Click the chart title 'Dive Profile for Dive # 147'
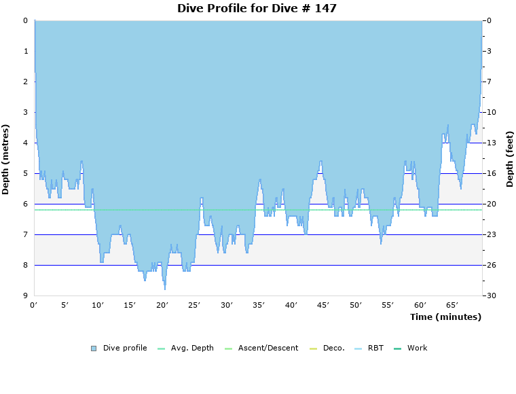click(257, 9)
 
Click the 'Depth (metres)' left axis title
click(6, 159)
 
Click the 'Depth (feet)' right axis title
click(510, 159)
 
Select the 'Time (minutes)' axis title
click(445, 317)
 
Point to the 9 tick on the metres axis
click(25, 295)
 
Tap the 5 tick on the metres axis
click(25, 173)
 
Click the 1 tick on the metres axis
click(25, 51)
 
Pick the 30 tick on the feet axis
click(491, 295)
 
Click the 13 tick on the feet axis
click(491, 143)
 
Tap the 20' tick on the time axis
click(163, 305)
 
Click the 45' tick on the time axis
click(323, 305)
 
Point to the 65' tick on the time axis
click(452, 305)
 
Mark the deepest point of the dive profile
click(164, 289)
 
